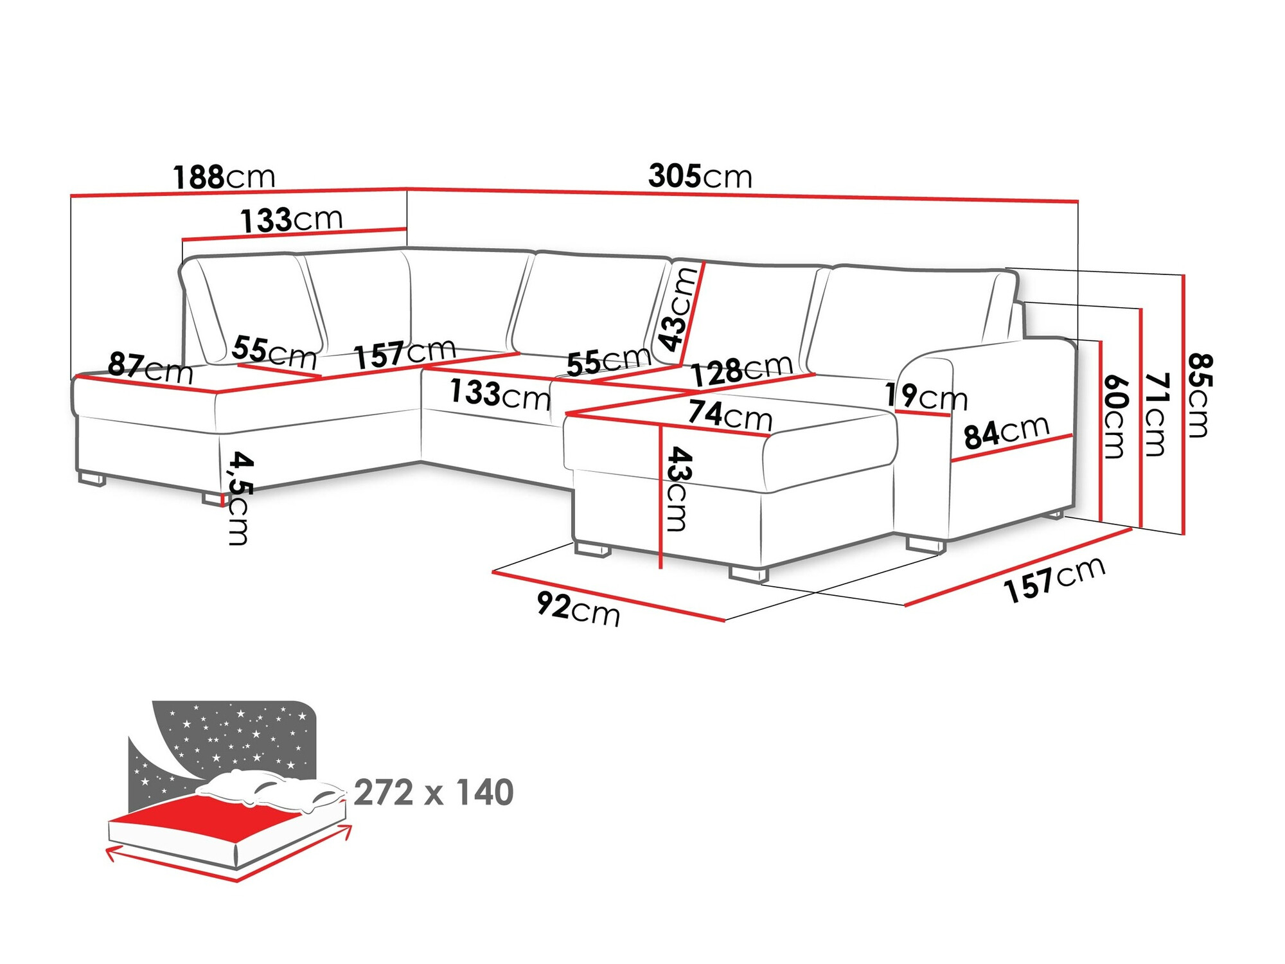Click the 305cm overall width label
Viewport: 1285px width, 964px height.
point(700,175)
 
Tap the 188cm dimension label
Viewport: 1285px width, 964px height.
point(224,177)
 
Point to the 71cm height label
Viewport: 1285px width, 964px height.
point(1156,415)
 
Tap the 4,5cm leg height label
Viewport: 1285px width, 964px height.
point(240,498)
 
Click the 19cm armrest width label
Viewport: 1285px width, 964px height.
point(926,397)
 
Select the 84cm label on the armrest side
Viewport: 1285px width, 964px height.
point(1006,432)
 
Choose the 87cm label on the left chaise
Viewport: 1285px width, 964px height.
point(150,368)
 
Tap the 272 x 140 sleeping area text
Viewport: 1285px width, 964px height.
point(434,792)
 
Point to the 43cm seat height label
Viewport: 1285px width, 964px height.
point(678,488)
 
